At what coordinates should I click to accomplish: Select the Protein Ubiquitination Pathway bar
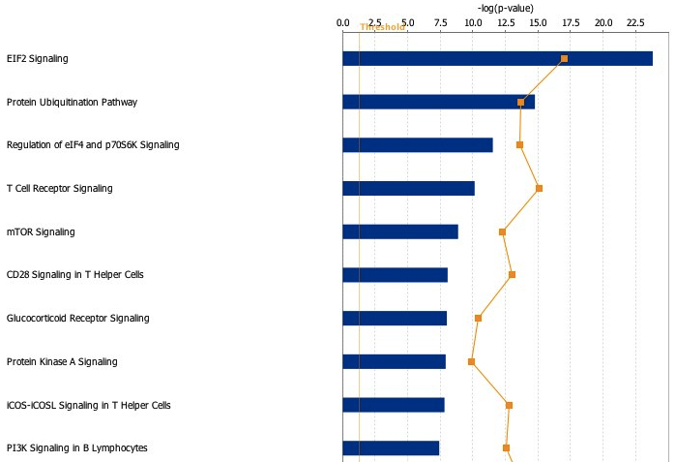pos(438,102)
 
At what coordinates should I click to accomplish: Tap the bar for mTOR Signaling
pos(399,231)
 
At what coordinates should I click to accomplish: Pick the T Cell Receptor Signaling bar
pos(408,188)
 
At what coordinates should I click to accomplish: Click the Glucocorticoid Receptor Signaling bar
pos(394,318)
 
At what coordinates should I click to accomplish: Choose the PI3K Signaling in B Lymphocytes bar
pos(390,447)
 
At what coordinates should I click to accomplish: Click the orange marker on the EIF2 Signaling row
pos(564,59)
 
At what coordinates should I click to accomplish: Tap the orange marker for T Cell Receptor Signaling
pos(539,188)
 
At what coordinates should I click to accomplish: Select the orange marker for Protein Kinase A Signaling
pos(471,361)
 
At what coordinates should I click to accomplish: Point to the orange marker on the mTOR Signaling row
pos(502,231)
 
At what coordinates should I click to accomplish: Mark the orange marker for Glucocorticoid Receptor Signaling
pos(478,318)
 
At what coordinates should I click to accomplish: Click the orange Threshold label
pos(382,27)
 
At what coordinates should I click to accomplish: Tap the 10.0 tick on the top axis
pos(472,21)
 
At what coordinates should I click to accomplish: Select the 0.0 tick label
pos(342,21)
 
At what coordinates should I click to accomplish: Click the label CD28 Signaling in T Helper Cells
pos(74,275)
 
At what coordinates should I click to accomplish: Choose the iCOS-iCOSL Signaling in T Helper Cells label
pos(88,405)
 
